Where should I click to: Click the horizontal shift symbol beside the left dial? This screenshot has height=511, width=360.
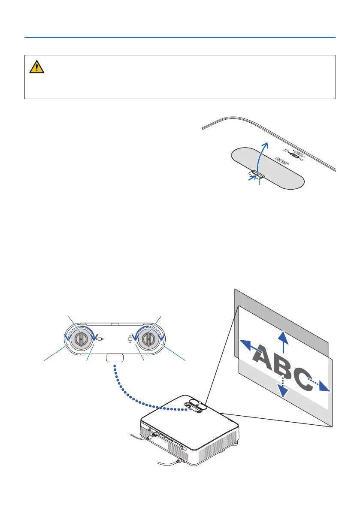pos(100,339)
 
